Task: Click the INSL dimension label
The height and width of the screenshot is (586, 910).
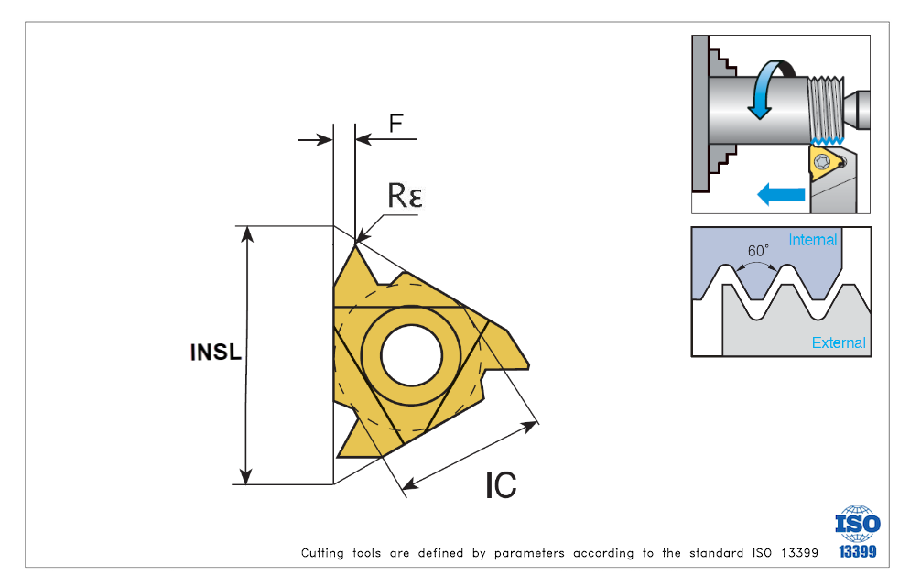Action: (216, 353)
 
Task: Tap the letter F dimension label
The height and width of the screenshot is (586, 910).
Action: (395, 124)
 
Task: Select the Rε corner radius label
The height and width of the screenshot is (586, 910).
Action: (405, 196)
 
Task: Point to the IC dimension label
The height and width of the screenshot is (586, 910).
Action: (501, 484)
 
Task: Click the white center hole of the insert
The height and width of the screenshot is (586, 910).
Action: (411, 354)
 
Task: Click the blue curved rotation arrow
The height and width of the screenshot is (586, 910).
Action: (768, 90)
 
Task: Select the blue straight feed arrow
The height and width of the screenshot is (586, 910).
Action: (781, 193)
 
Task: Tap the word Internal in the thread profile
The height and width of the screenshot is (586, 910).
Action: (813, 240)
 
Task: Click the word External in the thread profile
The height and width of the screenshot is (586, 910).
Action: (839, 342)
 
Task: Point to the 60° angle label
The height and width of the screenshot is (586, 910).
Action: (758, 250)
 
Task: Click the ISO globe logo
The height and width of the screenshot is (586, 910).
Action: (857, 523)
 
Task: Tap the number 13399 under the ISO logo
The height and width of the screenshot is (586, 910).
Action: (858, 551)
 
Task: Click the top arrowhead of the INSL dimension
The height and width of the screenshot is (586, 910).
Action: (245, 233)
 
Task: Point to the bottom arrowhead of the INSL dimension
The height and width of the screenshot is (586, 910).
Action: (245, 475)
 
